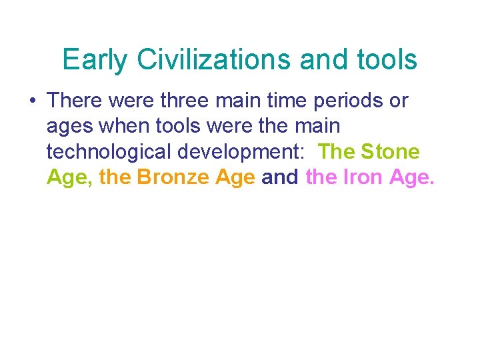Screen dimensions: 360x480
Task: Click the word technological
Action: click(109, 152)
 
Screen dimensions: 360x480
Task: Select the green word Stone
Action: click(391, 152)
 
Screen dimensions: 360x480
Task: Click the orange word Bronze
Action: click(175, 177)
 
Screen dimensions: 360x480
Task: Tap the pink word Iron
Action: click(365, 177)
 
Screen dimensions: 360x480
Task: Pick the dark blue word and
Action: click(280, 177)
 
